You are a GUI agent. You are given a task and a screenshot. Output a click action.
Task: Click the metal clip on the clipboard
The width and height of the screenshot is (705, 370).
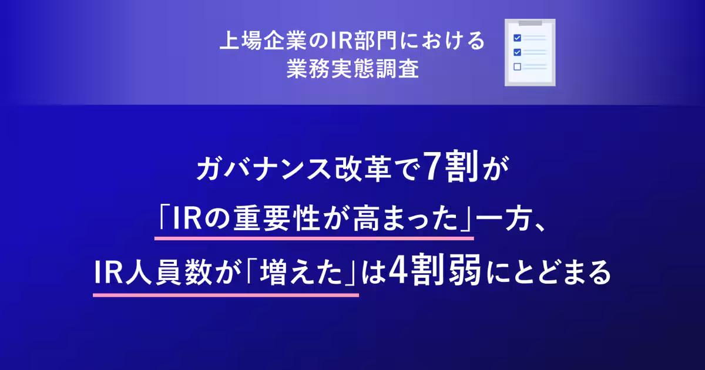point(531,22)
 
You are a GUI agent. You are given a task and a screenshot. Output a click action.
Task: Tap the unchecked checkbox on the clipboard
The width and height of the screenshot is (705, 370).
point(517,66)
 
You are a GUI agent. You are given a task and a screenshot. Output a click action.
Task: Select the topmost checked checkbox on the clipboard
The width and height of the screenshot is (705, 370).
point(517,37)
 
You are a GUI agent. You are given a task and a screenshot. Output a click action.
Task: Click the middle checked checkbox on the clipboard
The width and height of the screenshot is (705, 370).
point(517,52)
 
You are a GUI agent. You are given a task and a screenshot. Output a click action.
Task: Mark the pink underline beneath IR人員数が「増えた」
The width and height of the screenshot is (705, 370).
point(226,294)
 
